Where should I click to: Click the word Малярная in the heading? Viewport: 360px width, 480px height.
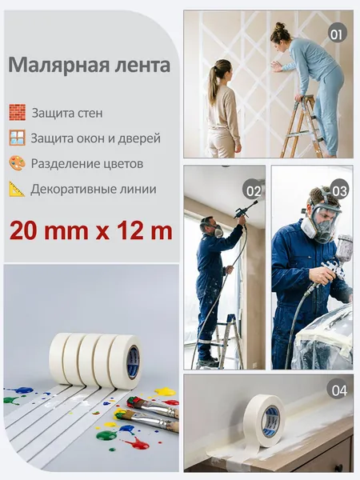[58, 66]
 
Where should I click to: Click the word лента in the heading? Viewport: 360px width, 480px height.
[142, 65]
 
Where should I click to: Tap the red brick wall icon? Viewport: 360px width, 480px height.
[17, 112]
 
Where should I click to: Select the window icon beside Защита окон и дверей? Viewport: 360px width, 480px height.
[17, 138]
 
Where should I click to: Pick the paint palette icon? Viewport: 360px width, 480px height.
[17, 163]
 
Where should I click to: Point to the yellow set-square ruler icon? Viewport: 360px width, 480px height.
[17, 189]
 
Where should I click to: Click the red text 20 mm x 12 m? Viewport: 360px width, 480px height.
[91, 231]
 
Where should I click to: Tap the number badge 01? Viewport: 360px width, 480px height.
[337, 34]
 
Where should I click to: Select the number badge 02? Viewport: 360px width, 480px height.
[253, 190]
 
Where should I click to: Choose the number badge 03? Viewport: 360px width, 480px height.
[339, 190]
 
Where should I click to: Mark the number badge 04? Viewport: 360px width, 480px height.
[338, 390]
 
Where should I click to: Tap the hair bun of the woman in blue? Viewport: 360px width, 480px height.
[280, 26]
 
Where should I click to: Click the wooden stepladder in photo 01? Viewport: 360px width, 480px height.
[302, 126]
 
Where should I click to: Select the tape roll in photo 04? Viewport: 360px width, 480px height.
[264, 420]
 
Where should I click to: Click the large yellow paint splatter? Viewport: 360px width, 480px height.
[166, 391]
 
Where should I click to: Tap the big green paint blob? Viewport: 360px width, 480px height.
[106, 435]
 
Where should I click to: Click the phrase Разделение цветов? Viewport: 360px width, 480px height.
[87, 164]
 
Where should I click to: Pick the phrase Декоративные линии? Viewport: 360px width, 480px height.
[94, 189]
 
